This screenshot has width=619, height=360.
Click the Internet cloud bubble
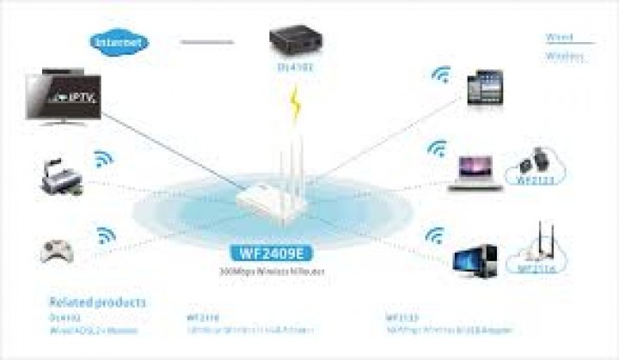120,40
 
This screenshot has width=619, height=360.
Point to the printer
61,179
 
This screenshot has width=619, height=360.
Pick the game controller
58,249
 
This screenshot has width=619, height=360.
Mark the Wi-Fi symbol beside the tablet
441,76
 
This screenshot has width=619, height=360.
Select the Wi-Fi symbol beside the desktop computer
435,235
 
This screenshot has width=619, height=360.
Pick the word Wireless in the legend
564,57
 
